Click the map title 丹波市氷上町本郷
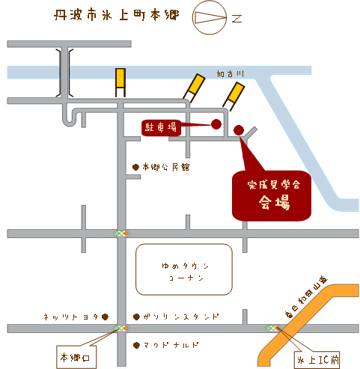coord(117,15)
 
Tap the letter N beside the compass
coord(237,18)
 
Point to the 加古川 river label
coord(230,74)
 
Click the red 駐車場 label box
coord(161,128)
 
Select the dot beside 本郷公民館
coord(135,167)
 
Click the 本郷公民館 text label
coord(165,167)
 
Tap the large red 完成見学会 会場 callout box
coord(272,196)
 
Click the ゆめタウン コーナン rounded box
coord(184,269)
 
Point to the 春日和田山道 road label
coord(306,297)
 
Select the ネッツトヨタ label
coord(71,317)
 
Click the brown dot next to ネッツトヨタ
coord(105,317)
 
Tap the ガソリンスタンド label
coord(181,317)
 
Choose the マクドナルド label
coord(171,345)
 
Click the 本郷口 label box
coord(76,357)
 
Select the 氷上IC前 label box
coord(317,360)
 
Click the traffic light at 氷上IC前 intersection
coord(273,329)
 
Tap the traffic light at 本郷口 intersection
coord(121,328)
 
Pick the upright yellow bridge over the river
coord(120,82)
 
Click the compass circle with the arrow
coord(210,17)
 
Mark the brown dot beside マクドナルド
coord(136,345)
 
